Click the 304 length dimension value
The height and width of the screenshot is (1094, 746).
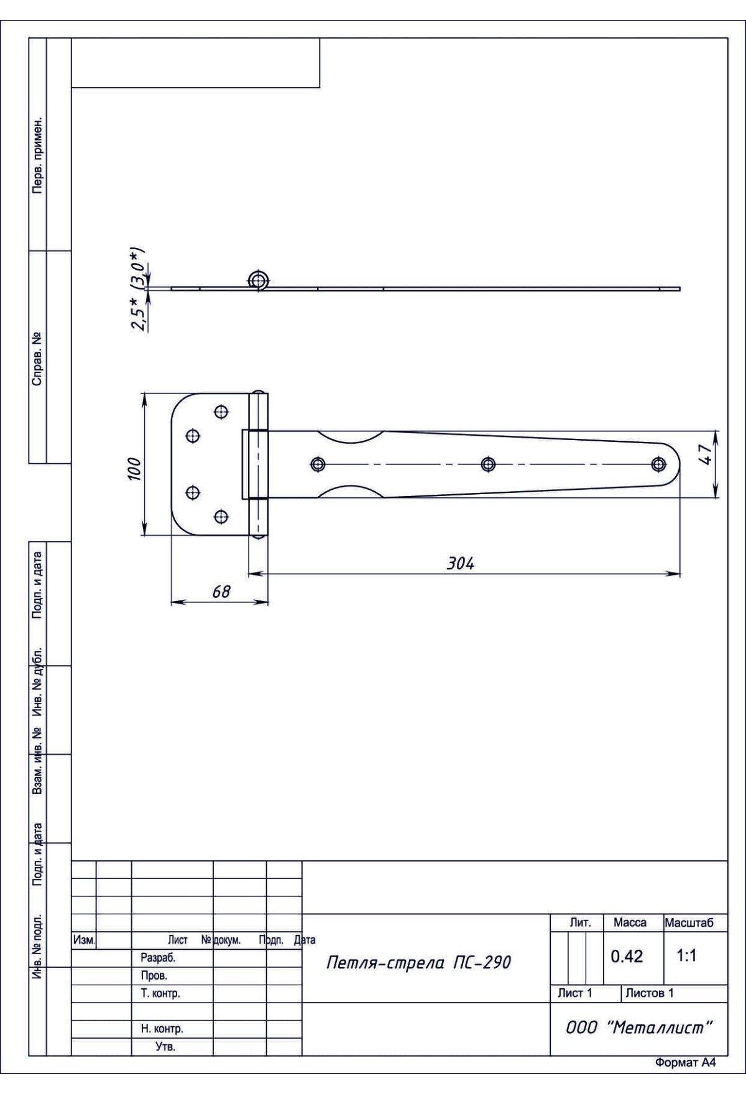tap(461, 563)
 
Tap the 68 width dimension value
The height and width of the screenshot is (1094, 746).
tap(221, 592)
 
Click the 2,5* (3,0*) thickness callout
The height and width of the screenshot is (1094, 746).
tap(140, 290)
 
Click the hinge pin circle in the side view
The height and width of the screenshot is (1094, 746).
tap(258, 280)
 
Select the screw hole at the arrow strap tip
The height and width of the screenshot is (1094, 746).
tap(658, 464)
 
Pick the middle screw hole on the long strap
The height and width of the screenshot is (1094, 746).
tap(488, 464)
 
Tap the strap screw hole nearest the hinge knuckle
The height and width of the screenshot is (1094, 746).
tap(318, 464)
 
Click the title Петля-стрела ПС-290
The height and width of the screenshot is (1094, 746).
tap(418, 963)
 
